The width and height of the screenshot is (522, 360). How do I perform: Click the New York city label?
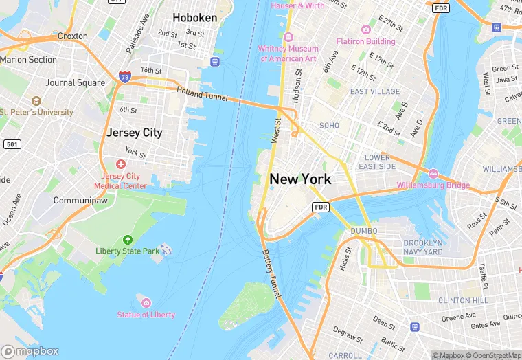[300, 179]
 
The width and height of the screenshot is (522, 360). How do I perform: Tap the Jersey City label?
[135, 133]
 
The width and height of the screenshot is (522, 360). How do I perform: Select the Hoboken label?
[195, 18]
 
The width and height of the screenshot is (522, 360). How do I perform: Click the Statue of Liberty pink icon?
[146, 302]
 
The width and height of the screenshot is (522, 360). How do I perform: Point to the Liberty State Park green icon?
[127, 239]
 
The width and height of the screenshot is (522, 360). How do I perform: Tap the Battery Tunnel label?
[271, 273]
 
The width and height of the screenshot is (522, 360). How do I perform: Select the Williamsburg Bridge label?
[433, 185]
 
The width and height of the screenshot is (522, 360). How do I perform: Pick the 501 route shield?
[11, 144]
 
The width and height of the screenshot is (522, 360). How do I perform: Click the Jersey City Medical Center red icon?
[121, 164]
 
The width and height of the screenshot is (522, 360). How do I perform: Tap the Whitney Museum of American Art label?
[289, 54]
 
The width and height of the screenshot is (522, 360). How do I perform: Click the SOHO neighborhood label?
[330, 126]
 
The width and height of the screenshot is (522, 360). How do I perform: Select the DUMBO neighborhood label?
[364, 231]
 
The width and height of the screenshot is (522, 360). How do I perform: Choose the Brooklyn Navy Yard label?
[423, 247]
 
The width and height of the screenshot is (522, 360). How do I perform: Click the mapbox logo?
[30, 350]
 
